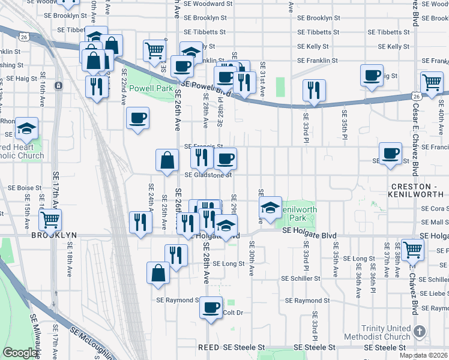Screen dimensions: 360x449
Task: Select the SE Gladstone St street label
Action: tap(208, 175)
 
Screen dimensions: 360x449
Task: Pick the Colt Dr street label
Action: tap(232, 313)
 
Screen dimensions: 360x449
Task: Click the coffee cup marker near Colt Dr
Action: tap(211, 308)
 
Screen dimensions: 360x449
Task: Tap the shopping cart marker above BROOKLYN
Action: tap(50, 220)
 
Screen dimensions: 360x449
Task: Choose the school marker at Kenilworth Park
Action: tap(271, 208)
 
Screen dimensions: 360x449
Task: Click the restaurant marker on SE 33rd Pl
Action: tap(314, 91)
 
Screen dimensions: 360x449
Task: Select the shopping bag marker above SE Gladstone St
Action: tap(167, 160)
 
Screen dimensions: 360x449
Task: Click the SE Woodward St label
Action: tap(208, 4)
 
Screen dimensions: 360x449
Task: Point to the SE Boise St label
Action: tap(24, 188)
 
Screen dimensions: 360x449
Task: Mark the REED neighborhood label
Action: tap(210, 347)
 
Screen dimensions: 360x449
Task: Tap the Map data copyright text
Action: tap(423, 355)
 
